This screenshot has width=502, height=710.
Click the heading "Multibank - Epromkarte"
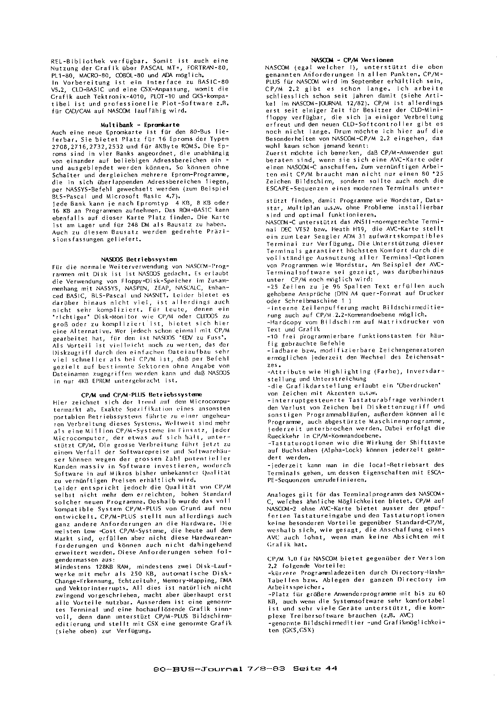pos(140,125)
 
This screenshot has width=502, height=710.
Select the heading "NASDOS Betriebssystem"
pos(139,259)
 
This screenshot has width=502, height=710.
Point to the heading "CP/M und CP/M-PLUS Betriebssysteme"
pos(141,394)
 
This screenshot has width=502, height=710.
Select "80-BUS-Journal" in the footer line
pos(198,669)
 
